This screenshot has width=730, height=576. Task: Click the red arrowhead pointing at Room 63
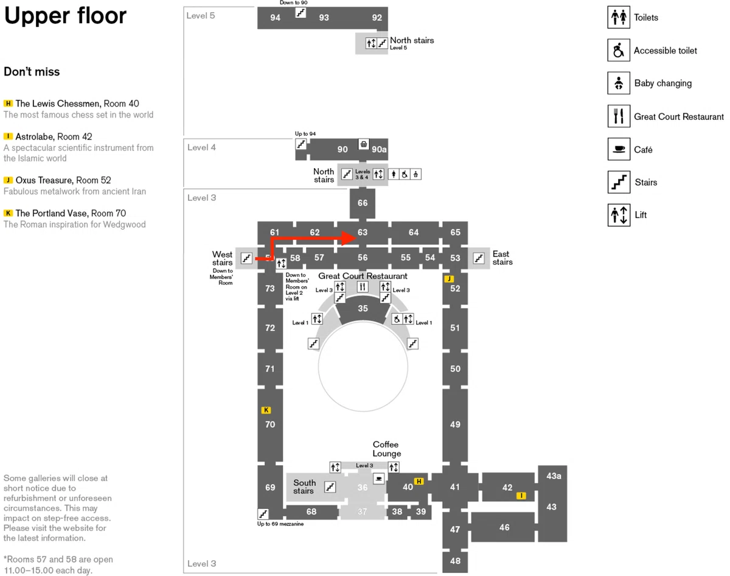click(349, 238)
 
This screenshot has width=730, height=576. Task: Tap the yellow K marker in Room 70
click(266, 410)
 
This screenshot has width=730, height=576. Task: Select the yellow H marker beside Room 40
click(419, 481)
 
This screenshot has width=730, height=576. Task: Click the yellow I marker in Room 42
click(521, 496)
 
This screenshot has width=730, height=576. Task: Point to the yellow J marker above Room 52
click(449, 279)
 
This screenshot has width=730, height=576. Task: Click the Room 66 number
click(363, 203)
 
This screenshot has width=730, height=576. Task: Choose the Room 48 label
click(455, 560)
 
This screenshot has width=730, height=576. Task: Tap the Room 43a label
click(554, 476)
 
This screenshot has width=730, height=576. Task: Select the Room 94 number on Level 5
click(275, 17)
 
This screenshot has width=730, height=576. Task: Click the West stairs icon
click(246, 258)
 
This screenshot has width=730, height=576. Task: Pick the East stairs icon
click(479, 258)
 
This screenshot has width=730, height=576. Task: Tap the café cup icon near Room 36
click(379, 479)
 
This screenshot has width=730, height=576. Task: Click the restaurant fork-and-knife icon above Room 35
click(363, 287)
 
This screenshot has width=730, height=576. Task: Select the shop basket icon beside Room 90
click(363, 144)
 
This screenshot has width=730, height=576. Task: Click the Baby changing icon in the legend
click(619, 83)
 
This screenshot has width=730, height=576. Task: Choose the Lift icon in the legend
click(619, 215)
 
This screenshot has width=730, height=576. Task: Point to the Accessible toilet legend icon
click(619, 50)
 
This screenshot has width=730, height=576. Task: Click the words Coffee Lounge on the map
click(386, 449)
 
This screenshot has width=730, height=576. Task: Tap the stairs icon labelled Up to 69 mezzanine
click(263, 513)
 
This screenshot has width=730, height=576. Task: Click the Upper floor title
click(65, 15)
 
